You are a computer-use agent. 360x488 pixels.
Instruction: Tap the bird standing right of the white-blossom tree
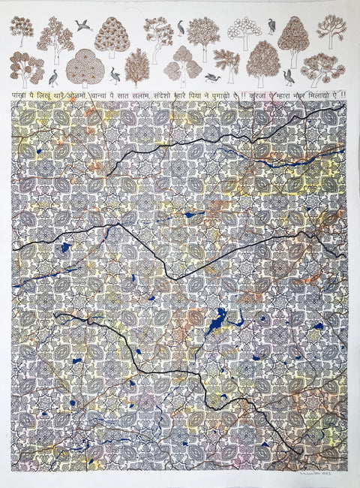(271, 27)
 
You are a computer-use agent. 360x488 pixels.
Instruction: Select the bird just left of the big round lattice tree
(52, 77)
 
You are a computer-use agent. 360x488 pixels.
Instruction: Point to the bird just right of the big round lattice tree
(114, 74)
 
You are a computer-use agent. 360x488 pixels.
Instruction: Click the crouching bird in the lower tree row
(211, 77)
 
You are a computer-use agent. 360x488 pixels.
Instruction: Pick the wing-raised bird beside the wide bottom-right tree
(289, 76)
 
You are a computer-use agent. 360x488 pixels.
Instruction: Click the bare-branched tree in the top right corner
(331, 30)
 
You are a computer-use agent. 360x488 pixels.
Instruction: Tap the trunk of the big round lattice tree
(83, 82)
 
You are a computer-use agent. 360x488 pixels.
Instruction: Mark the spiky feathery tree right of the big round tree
(136, 68)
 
